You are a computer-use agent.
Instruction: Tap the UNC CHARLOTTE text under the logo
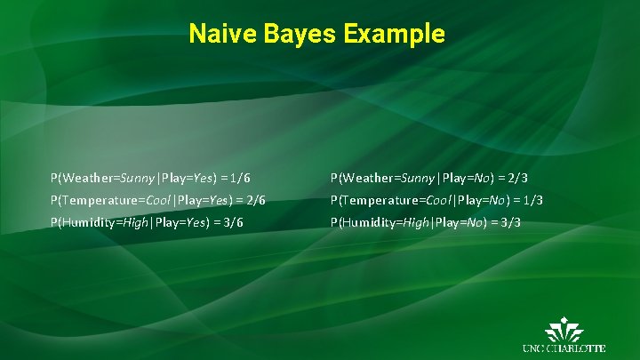pyautogui.click(x=564, y=348)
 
